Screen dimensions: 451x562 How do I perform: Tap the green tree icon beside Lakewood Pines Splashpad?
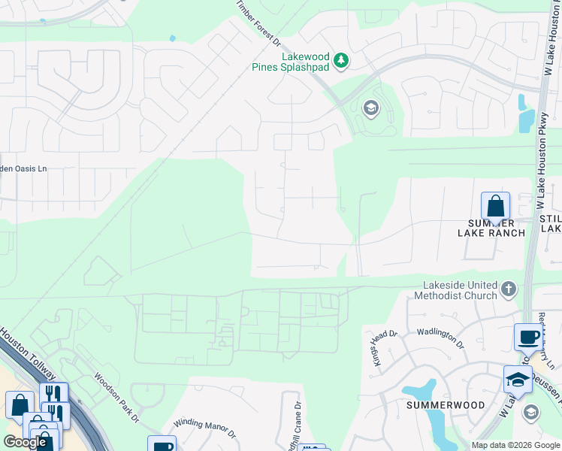coord(341,59)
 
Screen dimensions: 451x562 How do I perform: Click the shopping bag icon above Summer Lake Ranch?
coord(496,205)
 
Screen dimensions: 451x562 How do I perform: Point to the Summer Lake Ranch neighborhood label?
coord(491,228)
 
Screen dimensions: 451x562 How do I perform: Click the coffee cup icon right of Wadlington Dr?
coord(527,337)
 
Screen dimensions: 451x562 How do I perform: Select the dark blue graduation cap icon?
coord(518,380)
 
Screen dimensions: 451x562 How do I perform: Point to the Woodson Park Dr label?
coord(116,398)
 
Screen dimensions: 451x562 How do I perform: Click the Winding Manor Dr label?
coord(204,429)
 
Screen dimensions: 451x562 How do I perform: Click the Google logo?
coord(24,442)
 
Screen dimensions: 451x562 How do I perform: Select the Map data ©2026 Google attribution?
coord(515,446)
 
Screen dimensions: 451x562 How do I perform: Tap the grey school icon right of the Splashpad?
coord(370,108)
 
